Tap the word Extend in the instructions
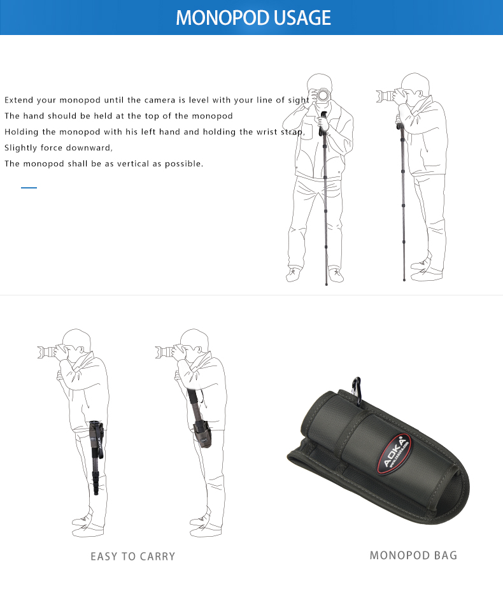tap(19, 100)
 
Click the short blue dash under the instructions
tap(29, 187)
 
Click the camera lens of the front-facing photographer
tap(323, 95)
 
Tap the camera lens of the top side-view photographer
tap(384, 96)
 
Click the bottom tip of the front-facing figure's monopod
tap(326, 284)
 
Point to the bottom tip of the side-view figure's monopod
tap(404, 280)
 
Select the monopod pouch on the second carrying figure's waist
tap(202, 434)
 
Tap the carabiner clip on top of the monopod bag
tap(357, 389)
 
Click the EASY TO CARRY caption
tap(132, 557)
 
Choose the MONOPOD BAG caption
tap(413, 555)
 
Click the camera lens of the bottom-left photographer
tap(46, 352)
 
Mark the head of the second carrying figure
tap(194, 343)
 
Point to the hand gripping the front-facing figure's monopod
tap(323, 124)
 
